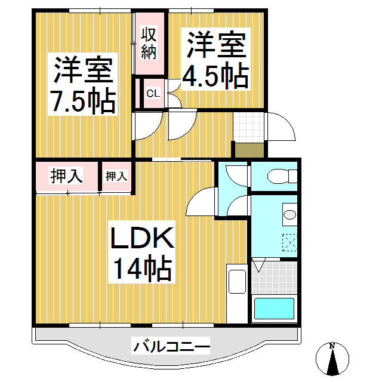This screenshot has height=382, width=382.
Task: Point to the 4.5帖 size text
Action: tap(215, 76)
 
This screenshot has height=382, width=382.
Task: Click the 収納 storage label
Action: tap(149, 44)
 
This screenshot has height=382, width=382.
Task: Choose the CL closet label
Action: tap(153, 93)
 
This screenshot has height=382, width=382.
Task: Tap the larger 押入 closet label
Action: tap(66, 176)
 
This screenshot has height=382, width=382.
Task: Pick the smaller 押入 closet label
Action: tap(116, 176)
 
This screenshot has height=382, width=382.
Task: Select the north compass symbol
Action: tap(332, 358)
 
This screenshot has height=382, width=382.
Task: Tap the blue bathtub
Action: tap(274, 309)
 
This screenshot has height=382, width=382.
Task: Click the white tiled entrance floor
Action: tap(249, 126)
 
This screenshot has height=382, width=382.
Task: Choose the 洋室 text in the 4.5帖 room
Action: tap(215, 45)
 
